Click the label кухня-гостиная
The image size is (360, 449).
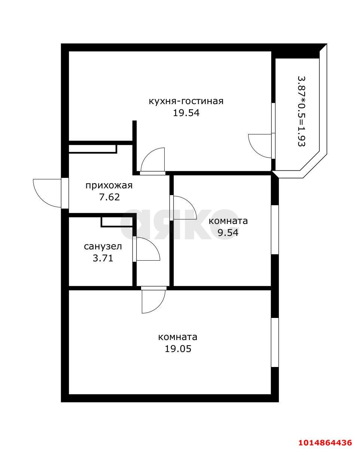(x=186, y=101)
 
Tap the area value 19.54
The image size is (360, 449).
(x=186, y=113)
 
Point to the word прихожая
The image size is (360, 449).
(x=109, y=185)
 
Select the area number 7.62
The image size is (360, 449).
(x=109, y=197)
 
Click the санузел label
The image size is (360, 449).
(x=103, y=246)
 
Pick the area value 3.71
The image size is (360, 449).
(x=103, y=258)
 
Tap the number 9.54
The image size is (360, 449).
(x=228, y=233)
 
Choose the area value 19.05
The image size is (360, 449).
(x=178, y=349)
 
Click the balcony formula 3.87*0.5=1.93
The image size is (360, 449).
(x=301, y=111)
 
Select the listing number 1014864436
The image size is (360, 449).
(x=325, y=442)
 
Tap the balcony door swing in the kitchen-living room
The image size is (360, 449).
(x=260, y=145)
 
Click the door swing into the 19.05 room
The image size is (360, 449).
(x=153, y=301)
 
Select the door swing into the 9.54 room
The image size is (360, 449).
(x=183, y=208)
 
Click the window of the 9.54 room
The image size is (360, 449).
(x=275, y=230)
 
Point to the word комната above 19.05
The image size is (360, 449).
(x=178, y=337)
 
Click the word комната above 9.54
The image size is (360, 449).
(x=228, y=221)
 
